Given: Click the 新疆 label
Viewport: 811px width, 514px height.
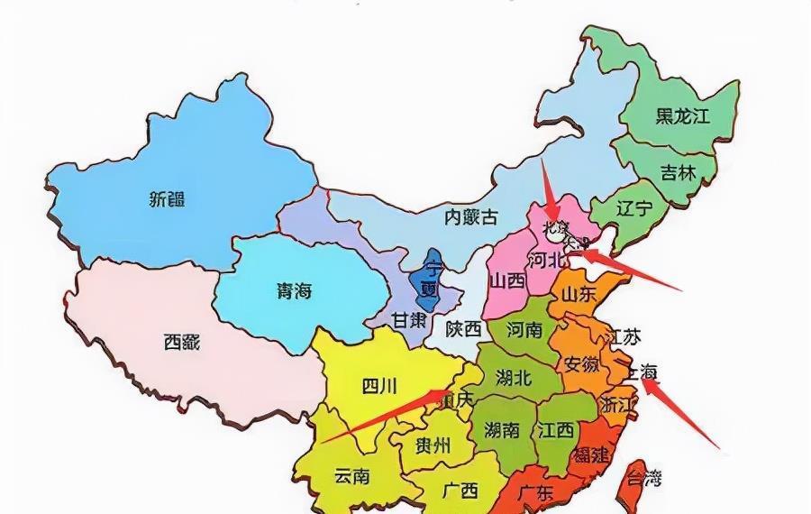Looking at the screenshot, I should (168, 199).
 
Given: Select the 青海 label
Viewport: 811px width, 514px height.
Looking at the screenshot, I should (294, 290).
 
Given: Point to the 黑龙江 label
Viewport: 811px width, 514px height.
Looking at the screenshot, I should (682, 115).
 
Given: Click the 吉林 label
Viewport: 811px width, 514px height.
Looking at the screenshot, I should (678, 172).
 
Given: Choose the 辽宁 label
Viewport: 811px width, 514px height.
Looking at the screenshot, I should (633, 208).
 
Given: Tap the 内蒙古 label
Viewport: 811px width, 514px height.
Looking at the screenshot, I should (471, 216).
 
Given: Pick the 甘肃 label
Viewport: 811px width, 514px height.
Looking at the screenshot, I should (409, 322).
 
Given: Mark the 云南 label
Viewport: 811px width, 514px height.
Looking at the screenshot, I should (351, 476).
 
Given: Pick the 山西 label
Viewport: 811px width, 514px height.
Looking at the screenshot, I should (508, 280).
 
